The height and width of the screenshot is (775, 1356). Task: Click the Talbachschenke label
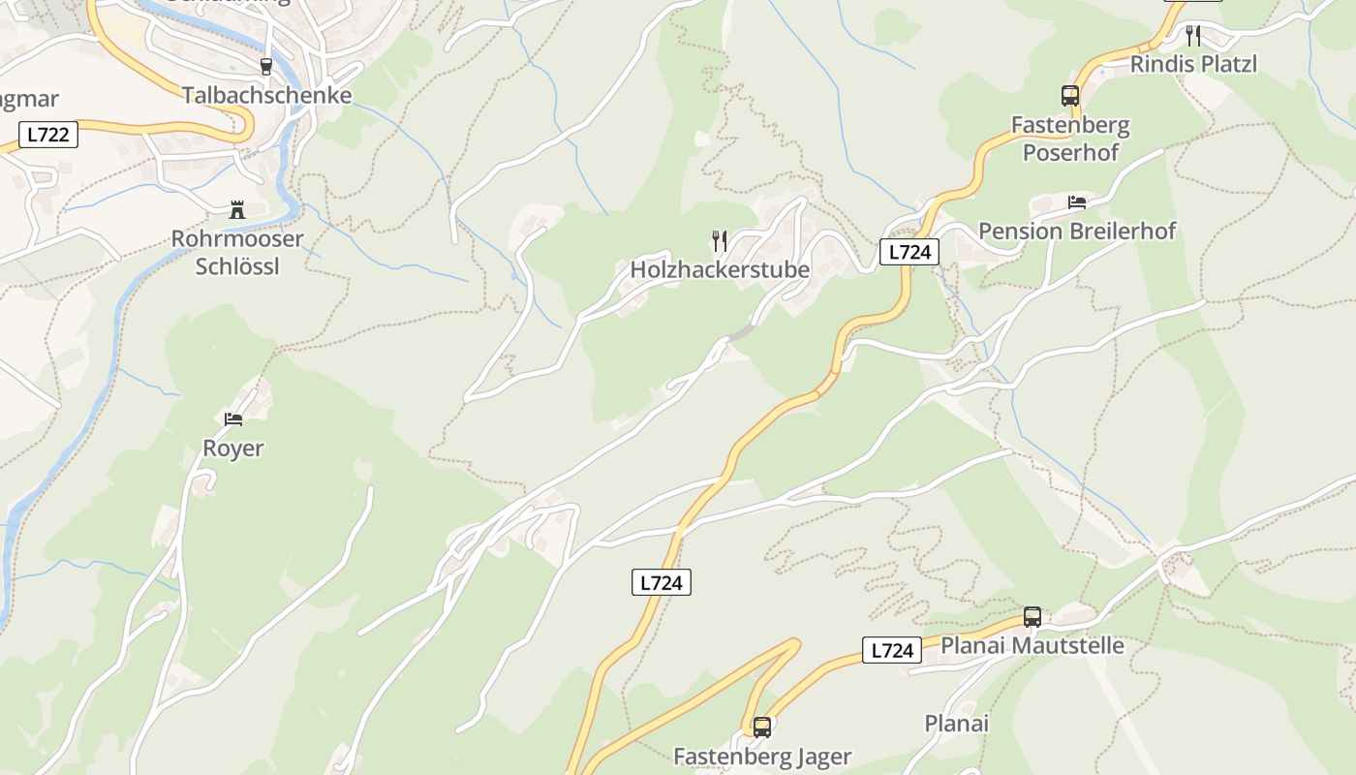[266, 95]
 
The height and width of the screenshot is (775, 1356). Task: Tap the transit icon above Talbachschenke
[266, 66]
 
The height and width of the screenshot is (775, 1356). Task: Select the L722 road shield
[47, 135]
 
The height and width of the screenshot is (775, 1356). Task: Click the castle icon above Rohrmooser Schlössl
[236, 209]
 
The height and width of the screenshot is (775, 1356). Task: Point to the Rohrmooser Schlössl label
[237, 252]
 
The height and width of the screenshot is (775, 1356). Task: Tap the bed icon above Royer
[233, 419]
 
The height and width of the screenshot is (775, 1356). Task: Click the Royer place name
[233, 449]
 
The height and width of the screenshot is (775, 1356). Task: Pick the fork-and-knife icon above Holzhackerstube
[720, 240]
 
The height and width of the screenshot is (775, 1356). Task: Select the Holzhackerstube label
[720, 269]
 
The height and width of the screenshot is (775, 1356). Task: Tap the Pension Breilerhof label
[1077, 231]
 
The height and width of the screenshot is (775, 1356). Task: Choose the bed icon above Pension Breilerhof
[1077, 201]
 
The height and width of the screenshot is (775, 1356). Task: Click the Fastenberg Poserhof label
[1070, 139]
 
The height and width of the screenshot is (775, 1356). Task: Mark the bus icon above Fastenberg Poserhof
[1070, 96]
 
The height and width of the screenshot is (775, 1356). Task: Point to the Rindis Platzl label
[1193, 64]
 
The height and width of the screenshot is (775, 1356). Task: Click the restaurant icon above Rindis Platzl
[1193, 36]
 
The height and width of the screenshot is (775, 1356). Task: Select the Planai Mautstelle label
[1032, 645]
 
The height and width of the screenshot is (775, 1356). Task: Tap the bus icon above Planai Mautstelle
[1032, 616]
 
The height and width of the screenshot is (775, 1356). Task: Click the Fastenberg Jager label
[762, 756]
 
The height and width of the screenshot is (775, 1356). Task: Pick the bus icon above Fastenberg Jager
[762, 727]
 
